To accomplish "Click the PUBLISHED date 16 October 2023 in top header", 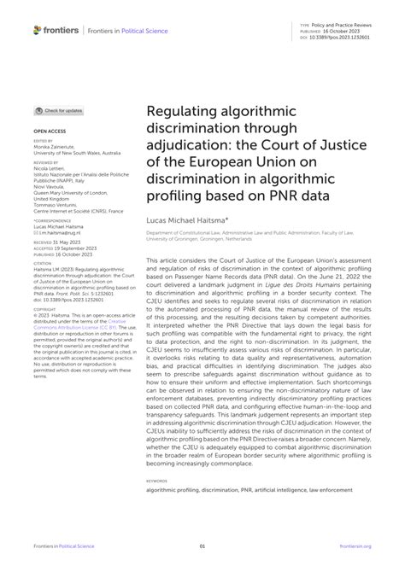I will (x=342, y=32).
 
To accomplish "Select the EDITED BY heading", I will (x=42, y=142).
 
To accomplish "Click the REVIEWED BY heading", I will (x=46, y=161).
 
